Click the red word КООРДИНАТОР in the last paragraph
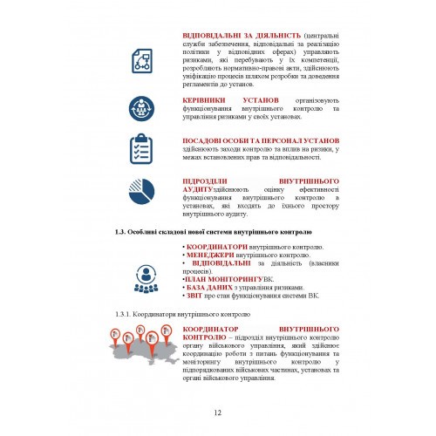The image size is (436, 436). [210, 330]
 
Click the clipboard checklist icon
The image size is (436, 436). [142, 148]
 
